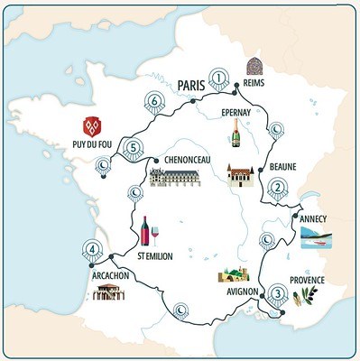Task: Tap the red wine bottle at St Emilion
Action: click(144, 231)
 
